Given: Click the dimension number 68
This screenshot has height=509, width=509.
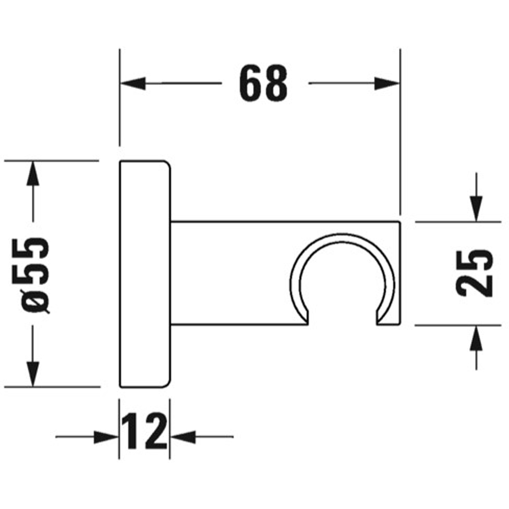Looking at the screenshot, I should click(x=263, y=83).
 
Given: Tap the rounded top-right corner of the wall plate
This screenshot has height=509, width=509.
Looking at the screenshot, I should click(x=166, y=165).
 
